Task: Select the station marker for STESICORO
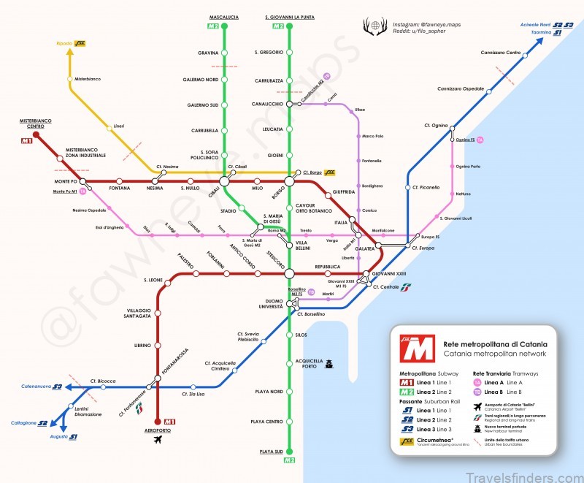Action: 290,273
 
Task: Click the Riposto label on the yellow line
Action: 64,43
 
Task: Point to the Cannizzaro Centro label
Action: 501,53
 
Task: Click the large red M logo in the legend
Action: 418,349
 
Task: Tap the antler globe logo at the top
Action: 375,28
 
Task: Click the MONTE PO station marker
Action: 83,181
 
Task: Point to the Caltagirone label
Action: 24,423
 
